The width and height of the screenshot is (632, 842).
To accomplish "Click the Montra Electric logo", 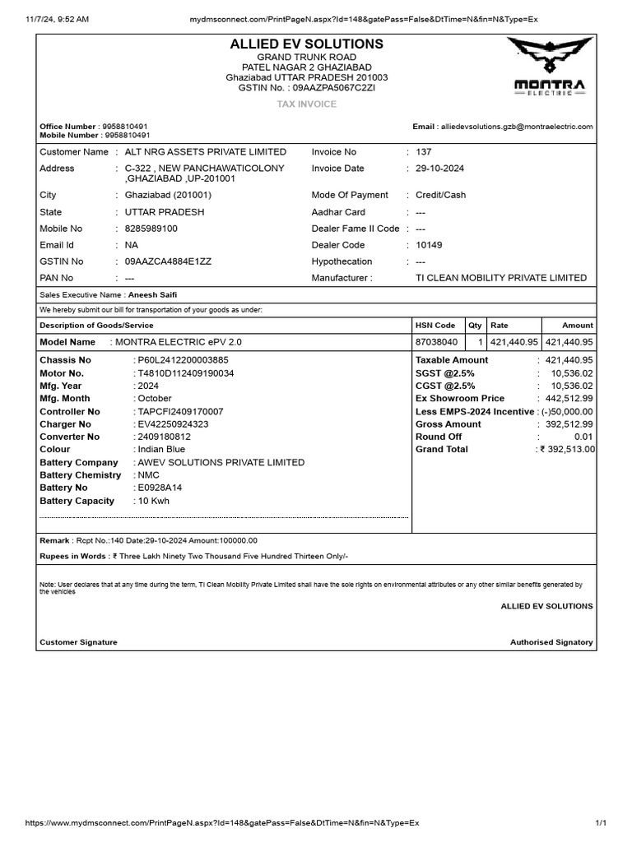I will coord(550,69).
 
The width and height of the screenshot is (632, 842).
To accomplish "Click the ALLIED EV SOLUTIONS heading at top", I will coord(307,44).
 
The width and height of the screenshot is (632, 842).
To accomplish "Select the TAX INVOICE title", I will coord(307,104).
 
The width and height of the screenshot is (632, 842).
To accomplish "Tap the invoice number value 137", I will coord(424,152).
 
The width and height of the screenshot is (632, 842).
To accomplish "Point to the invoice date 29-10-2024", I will coord(440,169).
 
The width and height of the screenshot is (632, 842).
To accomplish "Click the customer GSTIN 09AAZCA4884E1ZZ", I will coord(168,261).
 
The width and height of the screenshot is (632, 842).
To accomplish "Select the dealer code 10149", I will coord(430,245).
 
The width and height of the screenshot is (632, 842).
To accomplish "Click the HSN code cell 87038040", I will coord(436,342).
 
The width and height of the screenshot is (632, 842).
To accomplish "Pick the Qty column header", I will coord(475,326).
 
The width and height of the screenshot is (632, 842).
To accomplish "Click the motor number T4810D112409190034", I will coord(185,373).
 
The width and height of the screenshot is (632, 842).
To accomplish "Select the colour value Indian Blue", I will coord(161,450).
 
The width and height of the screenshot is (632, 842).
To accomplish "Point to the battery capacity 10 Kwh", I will coord(155,501).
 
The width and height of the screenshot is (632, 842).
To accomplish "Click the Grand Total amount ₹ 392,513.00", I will coord(567,450).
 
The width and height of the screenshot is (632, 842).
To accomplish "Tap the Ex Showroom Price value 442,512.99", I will coord(569,399).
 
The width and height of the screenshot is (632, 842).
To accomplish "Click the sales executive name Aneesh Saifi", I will coord(152,294).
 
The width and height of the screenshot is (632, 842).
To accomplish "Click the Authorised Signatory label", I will coord(551,642).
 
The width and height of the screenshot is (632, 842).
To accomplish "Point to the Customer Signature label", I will coord(78,642).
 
